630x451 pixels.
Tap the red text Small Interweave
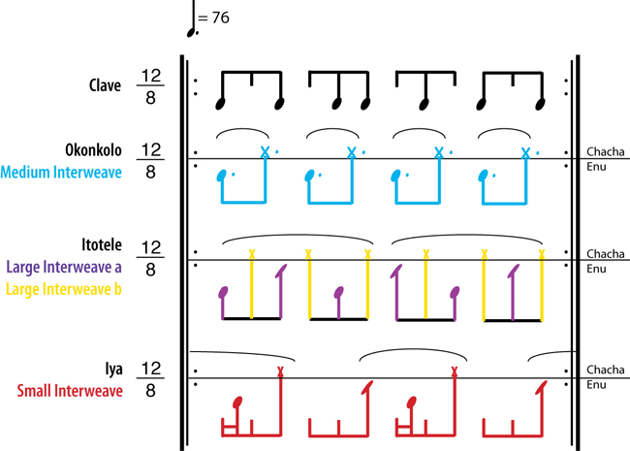click(x=70, y=391)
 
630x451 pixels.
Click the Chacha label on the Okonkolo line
click(x=604, y=151)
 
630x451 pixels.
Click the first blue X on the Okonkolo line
click(x=265, y=151)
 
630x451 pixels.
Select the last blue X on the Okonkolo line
click(x=525, y=151)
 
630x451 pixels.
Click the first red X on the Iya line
click(x=280, y=371)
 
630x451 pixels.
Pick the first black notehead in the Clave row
click(x=221, y=102)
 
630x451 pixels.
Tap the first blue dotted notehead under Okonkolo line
click(x=224, y=176)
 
